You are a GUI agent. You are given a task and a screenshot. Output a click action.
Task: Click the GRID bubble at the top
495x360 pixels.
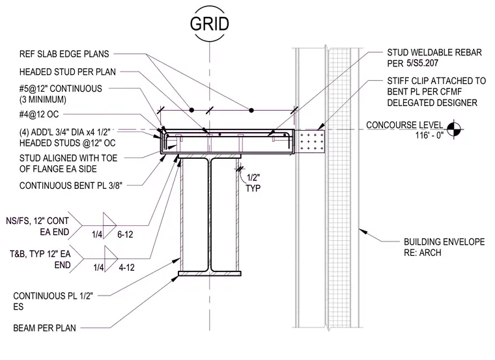(209, 24)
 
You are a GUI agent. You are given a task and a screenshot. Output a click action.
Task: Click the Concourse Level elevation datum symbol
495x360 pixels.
(454, 129)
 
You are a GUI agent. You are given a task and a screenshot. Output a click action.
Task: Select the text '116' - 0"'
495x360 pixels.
(429, 135)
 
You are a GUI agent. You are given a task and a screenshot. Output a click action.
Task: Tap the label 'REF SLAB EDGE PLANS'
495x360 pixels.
(64, 54)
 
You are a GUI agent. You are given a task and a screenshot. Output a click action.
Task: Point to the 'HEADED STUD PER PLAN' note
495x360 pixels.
(68, 72)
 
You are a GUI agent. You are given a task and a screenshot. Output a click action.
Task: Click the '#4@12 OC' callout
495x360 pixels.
(39, 114)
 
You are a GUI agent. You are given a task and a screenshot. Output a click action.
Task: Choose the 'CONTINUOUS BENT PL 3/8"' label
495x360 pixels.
(71, 186)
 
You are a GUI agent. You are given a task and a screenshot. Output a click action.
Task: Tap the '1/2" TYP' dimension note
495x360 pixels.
(253, 183)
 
